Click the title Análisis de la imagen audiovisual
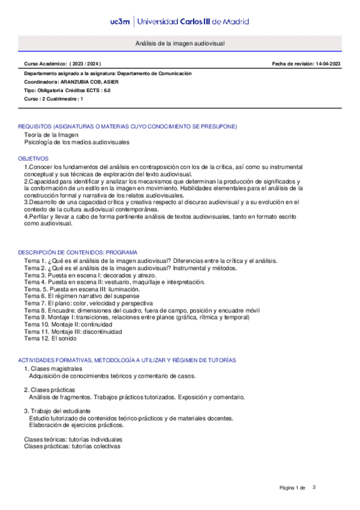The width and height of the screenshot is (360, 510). click(180, 45)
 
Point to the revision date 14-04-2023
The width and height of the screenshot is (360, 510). click(328, 64)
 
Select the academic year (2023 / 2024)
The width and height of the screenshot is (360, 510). click(85, 64)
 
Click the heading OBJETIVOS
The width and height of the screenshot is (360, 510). click(33, 158)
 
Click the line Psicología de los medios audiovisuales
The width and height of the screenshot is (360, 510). click(76, 143)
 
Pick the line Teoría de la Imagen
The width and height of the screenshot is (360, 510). click(51, 135)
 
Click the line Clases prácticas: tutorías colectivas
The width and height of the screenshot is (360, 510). click(72, 446)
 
